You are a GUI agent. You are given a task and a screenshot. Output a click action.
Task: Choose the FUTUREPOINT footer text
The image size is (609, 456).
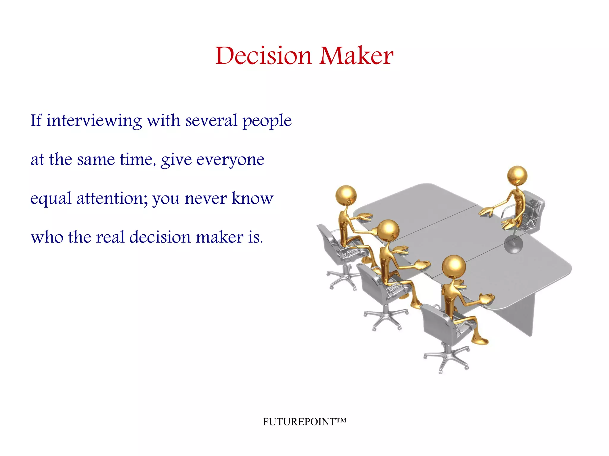[x=304, y=422]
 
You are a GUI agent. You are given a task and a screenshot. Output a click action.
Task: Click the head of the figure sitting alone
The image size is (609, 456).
[x=517, y=175]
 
